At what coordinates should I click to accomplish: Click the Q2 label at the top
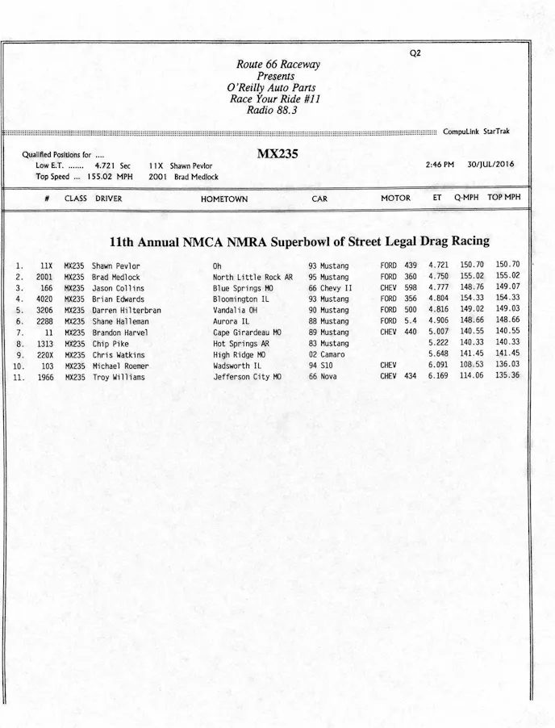tap(415, 53)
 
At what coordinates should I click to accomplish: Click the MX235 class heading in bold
tap(277, 154)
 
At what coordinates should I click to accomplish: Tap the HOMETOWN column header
tap(224, 199)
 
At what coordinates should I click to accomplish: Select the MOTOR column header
tap(395, 199)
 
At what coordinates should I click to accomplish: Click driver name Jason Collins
tap(118, 288)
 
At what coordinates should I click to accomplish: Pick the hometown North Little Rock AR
tap(252, 277)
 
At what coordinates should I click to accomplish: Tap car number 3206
tap(44, 310)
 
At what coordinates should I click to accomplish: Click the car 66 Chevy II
tap(331, 288)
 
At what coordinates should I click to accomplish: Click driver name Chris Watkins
tap(119, 354)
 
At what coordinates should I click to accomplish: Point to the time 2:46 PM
tap(440, 165)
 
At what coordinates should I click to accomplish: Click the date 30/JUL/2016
tap(490, 165)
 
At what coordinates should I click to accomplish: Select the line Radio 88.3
tap(272, 111)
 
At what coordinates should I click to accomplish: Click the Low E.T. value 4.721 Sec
tap(113, 165)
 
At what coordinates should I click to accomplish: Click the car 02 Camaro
tap(327, 354)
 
